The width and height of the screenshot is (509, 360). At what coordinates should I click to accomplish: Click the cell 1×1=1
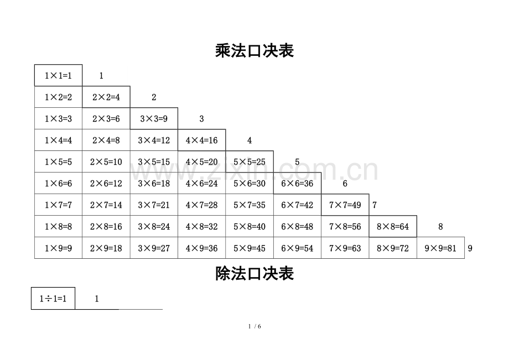point(59,75)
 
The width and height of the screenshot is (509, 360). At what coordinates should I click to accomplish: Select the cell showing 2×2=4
point(106,97)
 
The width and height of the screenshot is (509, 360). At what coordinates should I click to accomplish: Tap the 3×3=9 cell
point(154,118)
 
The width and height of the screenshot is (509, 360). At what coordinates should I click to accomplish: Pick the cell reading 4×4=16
point(201,140)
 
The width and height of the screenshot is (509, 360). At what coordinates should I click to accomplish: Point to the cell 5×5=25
point(250,161)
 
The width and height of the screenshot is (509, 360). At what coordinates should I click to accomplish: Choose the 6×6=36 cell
point(297,183)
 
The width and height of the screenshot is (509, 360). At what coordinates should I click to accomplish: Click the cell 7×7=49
point(345,205)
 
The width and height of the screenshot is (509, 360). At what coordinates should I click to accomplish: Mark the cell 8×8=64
point(393,226)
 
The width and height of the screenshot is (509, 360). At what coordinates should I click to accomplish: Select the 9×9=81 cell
point(440,248)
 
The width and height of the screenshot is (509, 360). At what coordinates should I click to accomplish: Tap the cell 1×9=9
point(59,248)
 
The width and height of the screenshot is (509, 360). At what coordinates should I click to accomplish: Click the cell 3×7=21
point(154,205)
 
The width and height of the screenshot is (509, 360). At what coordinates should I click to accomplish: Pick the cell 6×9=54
point(297,248)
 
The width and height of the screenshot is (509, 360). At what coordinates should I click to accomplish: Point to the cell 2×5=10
point(106,161)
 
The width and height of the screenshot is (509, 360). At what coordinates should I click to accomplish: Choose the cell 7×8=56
point(345,226)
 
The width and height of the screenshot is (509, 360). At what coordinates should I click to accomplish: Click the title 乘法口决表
point(254,50)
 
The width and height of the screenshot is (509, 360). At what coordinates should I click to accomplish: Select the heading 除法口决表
point(254,273)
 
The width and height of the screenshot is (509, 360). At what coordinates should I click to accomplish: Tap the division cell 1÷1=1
point(53,299)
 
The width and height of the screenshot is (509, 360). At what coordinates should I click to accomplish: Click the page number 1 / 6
point(254,326)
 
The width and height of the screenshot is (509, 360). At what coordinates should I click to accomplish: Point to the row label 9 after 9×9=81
point(470,248)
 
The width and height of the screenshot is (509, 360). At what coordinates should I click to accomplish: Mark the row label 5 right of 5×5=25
point(297,162)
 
